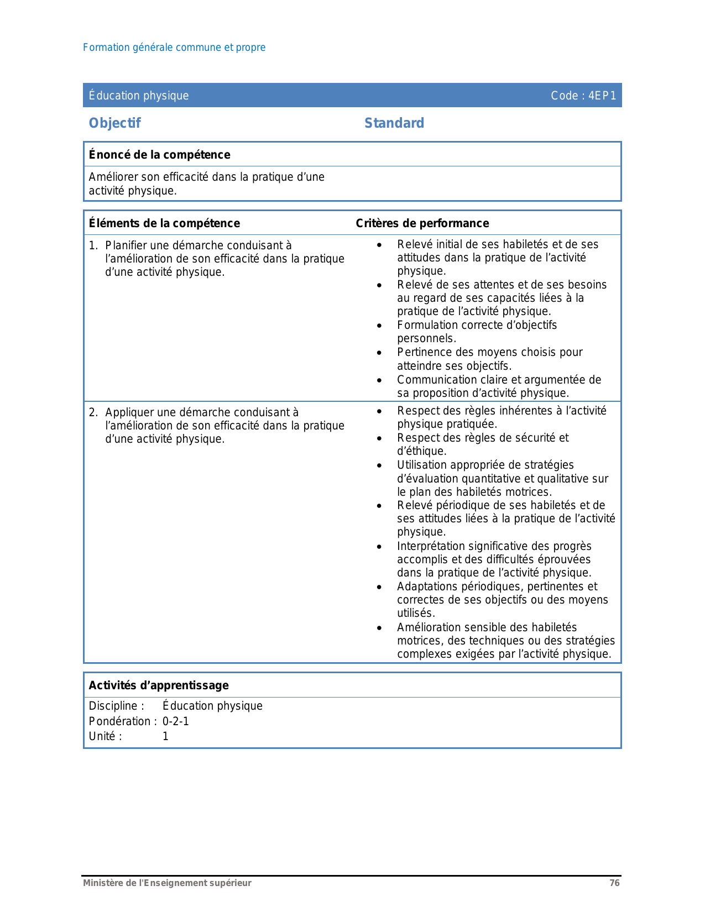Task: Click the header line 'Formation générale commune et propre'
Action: tap(174, 48)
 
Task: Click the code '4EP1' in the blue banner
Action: tap(602, 96)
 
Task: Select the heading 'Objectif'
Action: tap(115, 123)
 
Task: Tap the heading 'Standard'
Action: tap(394, 123)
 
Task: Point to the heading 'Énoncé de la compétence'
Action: tap(159, 155)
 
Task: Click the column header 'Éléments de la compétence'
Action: tap(164, 223)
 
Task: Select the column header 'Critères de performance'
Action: tap(422, 223)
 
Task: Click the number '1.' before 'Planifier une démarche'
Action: tap(93, 245)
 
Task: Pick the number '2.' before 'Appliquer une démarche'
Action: tap(93, 412)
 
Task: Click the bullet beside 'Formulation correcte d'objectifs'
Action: tap(379, 326)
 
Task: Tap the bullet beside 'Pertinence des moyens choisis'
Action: tap(379, 353)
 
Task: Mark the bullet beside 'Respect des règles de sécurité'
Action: tap(379, 438)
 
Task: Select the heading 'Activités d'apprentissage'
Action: tap(159, 685)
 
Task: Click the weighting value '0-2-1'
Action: tap(176, 721)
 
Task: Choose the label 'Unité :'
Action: tap(105, 736)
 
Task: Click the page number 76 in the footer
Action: tap(614, 883)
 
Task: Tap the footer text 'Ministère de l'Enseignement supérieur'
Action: tap(167, 883)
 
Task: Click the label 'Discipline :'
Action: tap(117, 706)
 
